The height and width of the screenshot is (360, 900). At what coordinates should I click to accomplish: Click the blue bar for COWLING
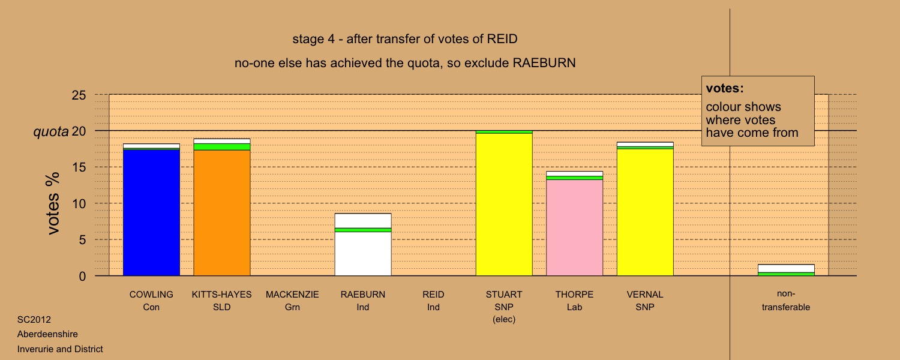[151, 212]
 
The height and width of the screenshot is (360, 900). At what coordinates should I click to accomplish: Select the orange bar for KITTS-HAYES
[222, 213]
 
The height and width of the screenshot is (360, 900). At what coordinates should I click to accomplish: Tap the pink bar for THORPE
[574, 227]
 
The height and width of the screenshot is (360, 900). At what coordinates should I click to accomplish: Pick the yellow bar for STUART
[504, 205]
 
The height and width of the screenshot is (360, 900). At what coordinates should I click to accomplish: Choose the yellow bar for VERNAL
[645, 212]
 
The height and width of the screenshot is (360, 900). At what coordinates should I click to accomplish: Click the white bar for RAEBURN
[363, 244]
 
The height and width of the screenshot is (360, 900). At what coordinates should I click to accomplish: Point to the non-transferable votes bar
[786, 270]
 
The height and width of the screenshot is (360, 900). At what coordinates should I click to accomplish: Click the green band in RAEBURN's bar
[363, 230]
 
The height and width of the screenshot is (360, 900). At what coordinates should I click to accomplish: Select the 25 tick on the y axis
[79, 95]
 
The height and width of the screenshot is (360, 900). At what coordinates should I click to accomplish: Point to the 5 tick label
[82, 240]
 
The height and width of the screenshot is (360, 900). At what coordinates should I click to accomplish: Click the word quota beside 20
[50, 131]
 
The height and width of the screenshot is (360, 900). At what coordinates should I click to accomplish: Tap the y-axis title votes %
[53, 203]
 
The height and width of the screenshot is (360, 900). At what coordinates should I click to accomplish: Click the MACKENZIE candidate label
[292, 295]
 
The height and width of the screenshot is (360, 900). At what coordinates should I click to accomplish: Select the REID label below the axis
[433, 295]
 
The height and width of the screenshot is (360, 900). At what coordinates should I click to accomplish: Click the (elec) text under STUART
[504, 319]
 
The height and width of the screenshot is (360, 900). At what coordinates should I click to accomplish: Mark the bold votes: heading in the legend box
[724, 88]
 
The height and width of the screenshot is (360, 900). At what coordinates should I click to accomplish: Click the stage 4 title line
[404, 39]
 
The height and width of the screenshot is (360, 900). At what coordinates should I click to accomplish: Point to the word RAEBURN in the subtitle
[544, 63]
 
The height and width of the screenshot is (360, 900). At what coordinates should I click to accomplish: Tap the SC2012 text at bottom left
[34, 319]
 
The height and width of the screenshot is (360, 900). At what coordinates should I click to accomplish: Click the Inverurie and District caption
[60, 349]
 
